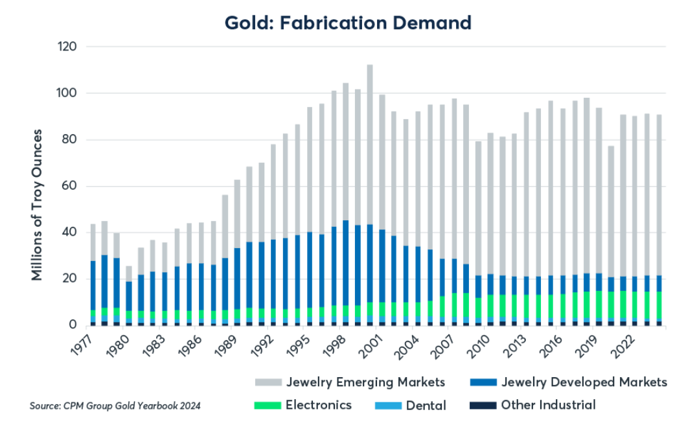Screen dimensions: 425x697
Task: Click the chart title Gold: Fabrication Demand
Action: [348, 23]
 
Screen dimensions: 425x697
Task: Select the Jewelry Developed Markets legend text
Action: [584, 382]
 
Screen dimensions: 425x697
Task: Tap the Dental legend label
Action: [426, 406]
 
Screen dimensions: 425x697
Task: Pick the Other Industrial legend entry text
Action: [548, 406]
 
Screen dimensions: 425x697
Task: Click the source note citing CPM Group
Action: [115, 406]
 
